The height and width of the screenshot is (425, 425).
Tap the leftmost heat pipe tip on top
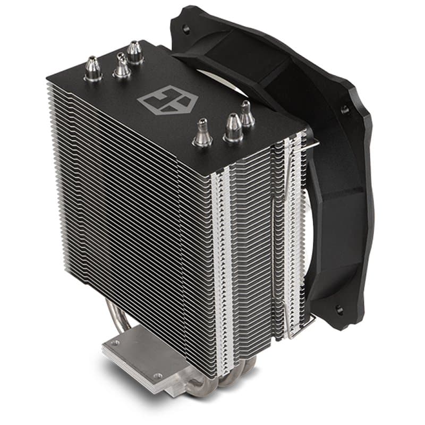(x=93, y=69)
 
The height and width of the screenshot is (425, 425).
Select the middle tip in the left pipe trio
(x=122, y=66)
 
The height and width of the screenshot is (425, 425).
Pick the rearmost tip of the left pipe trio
(x=135, y=53)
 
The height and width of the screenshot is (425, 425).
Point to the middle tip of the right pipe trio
(x=233, y=128)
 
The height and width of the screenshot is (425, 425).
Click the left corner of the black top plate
(x=49, y=79)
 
